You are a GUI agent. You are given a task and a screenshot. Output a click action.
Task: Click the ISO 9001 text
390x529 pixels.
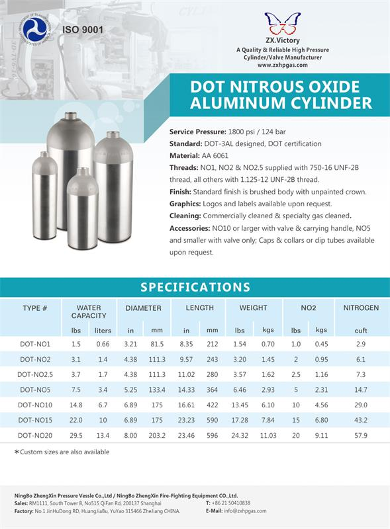[83, 30]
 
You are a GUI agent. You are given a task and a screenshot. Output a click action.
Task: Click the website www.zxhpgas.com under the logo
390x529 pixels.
[282, 65]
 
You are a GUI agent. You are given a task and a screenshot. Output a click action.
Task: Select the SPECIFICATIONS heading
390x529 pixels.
[195, 286]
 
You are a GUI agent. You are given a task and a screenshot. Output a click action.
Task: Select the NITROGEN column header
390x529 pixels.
[361, 308]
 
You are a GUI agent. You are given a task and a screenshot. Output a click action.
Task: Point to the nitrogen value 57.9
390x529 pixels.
[360, 436]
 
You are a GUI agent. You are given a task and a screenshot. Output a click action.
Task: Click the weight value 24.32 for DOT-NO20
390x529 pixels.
[240, 436]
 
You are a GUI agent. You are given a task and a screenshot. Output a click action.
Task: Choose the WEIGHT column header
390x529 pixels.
[254, 308]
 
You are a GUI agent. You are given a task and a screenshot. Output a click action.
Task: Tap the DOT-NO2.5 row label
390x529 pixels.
[35, 374]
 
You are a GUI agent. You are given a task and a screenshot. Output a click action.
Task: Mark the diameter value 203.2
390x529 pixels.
[157, 436]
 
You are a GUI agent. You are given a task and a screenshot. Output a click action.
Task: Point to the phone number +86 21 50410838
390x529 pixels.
[241, 503]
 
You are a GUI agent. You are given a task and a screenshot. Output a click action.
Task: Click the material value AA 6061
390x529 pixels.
[217, 155]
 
